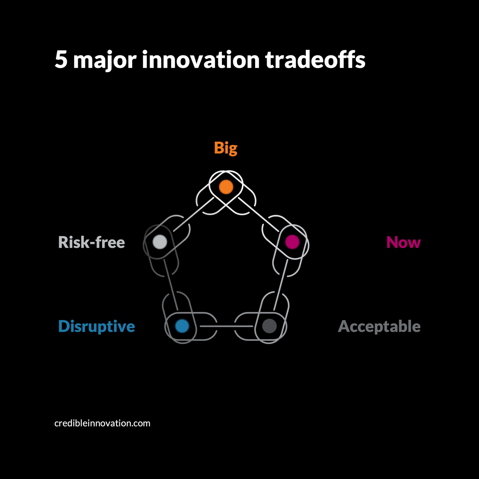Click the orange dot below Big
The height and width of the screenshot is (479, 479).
226,187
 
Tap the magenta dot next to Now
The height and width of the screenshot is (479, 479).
292,241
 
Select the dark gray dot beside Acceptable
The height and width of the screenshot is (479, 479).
269,326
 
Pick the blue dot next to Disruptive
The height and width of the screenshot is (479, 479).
182,326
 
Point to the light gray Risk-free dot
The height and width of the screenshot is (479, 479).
160,241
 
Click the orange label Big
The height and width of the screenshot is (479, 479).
226,148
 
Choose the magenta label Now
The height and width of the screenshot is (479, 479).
403,242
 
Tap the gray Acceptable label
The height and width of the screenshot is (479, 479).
379,327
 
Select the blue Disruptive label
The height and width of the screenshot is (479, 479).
97,327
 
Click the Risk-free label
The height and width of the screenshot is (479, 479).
91,242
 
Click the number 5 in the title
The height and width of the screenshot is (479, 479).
61,60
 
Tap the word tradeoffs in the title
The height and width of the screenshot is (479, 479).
315,60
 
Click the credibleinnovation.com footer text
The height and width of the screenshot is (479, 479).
102,423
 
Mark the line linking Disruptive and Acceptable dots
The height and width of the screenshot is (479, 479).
226,327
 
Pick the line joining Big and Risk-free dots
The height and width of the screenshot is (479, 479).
193,214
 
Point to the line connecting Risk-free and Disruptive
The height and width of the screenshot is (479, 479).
171,284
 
